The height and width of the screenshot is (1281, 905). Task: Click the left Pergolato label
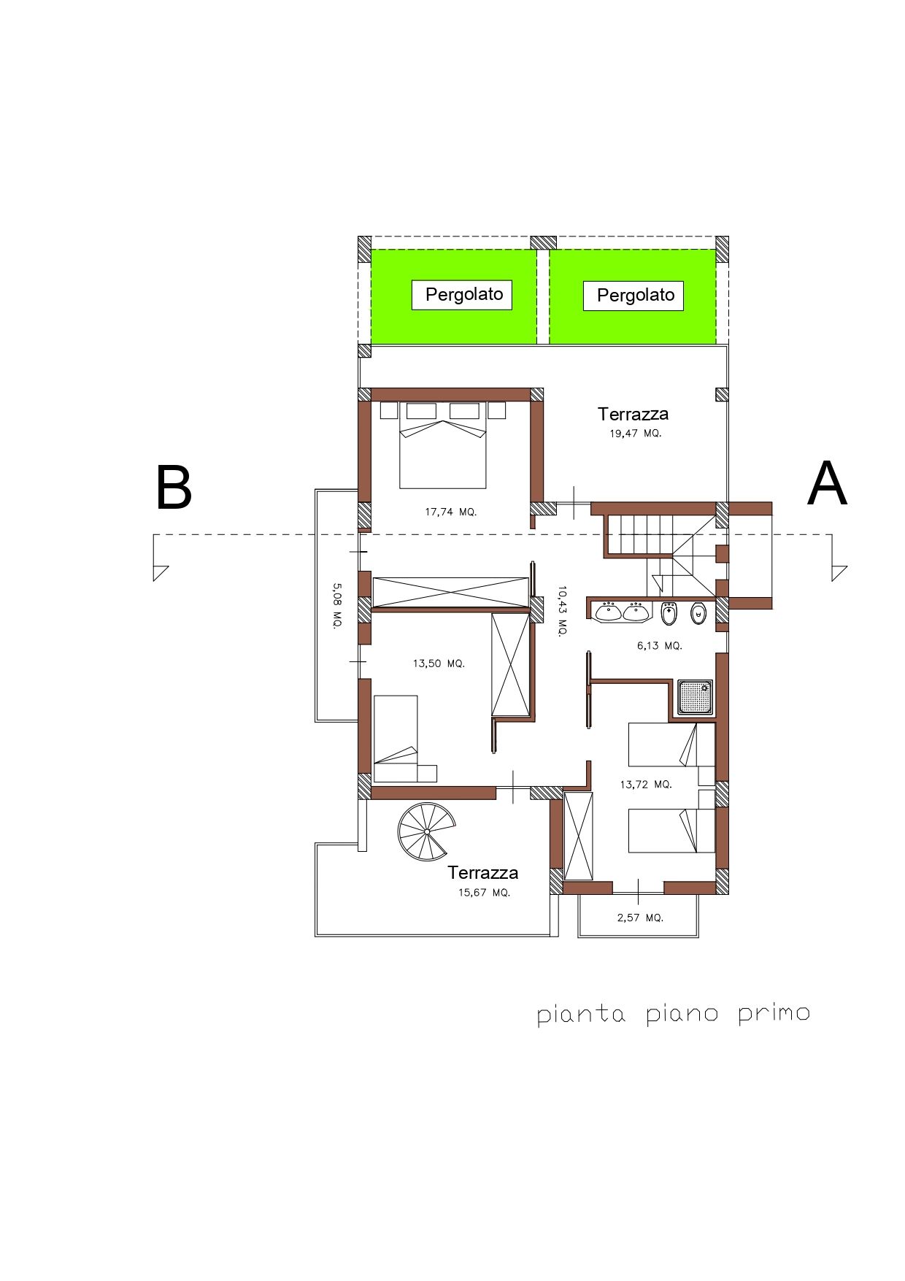(464, 294)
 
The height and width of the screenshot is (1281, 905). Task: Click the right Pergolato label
(635, 296)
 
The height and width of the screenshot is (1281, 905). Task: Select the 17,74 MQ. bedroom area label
(450, 512)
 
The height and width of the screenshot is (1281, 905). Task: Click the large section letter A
(827, 485)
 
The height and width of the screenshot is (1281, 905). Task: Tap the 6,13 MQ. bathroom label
(659, 645)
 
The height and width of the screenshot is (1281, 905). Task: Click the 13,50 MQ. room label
(438, 663)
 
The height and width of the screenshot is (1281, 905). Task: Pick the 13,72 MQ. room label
(645, 784)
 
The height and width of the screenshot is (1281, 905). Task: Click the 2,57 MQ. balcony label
(640, 918)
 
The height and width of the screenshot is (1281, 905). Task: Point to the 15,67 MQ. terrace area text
(484, 893)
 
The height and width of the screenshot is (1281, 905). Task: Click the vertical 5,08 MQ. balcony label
(336, 606)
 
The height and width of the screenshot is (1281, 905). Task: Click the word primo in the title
(774, 1014)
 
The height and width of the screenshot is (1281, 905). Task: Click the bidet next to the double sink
(669, 615)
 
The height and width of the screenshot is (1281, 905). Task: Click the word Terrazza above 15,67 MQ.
(482, 872)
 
